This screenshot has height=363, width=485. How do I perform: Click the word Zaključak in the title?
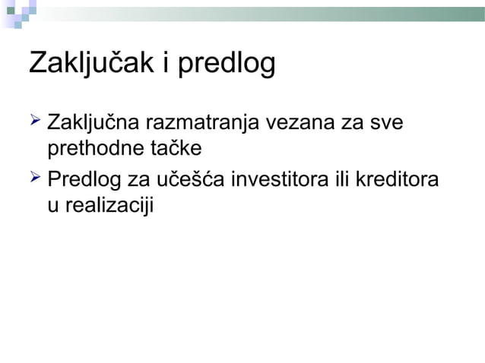click(90, 65)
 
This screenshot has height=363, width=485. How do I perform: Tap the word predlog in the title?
click(226, 66)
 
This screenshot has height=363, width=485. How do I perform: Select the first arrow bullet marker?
click(34, 119)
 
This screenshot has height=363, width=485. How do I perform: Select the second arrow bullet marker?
click(34, 180)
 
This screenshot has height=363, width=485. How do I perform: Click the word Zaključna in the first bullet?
click(95, 122)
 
